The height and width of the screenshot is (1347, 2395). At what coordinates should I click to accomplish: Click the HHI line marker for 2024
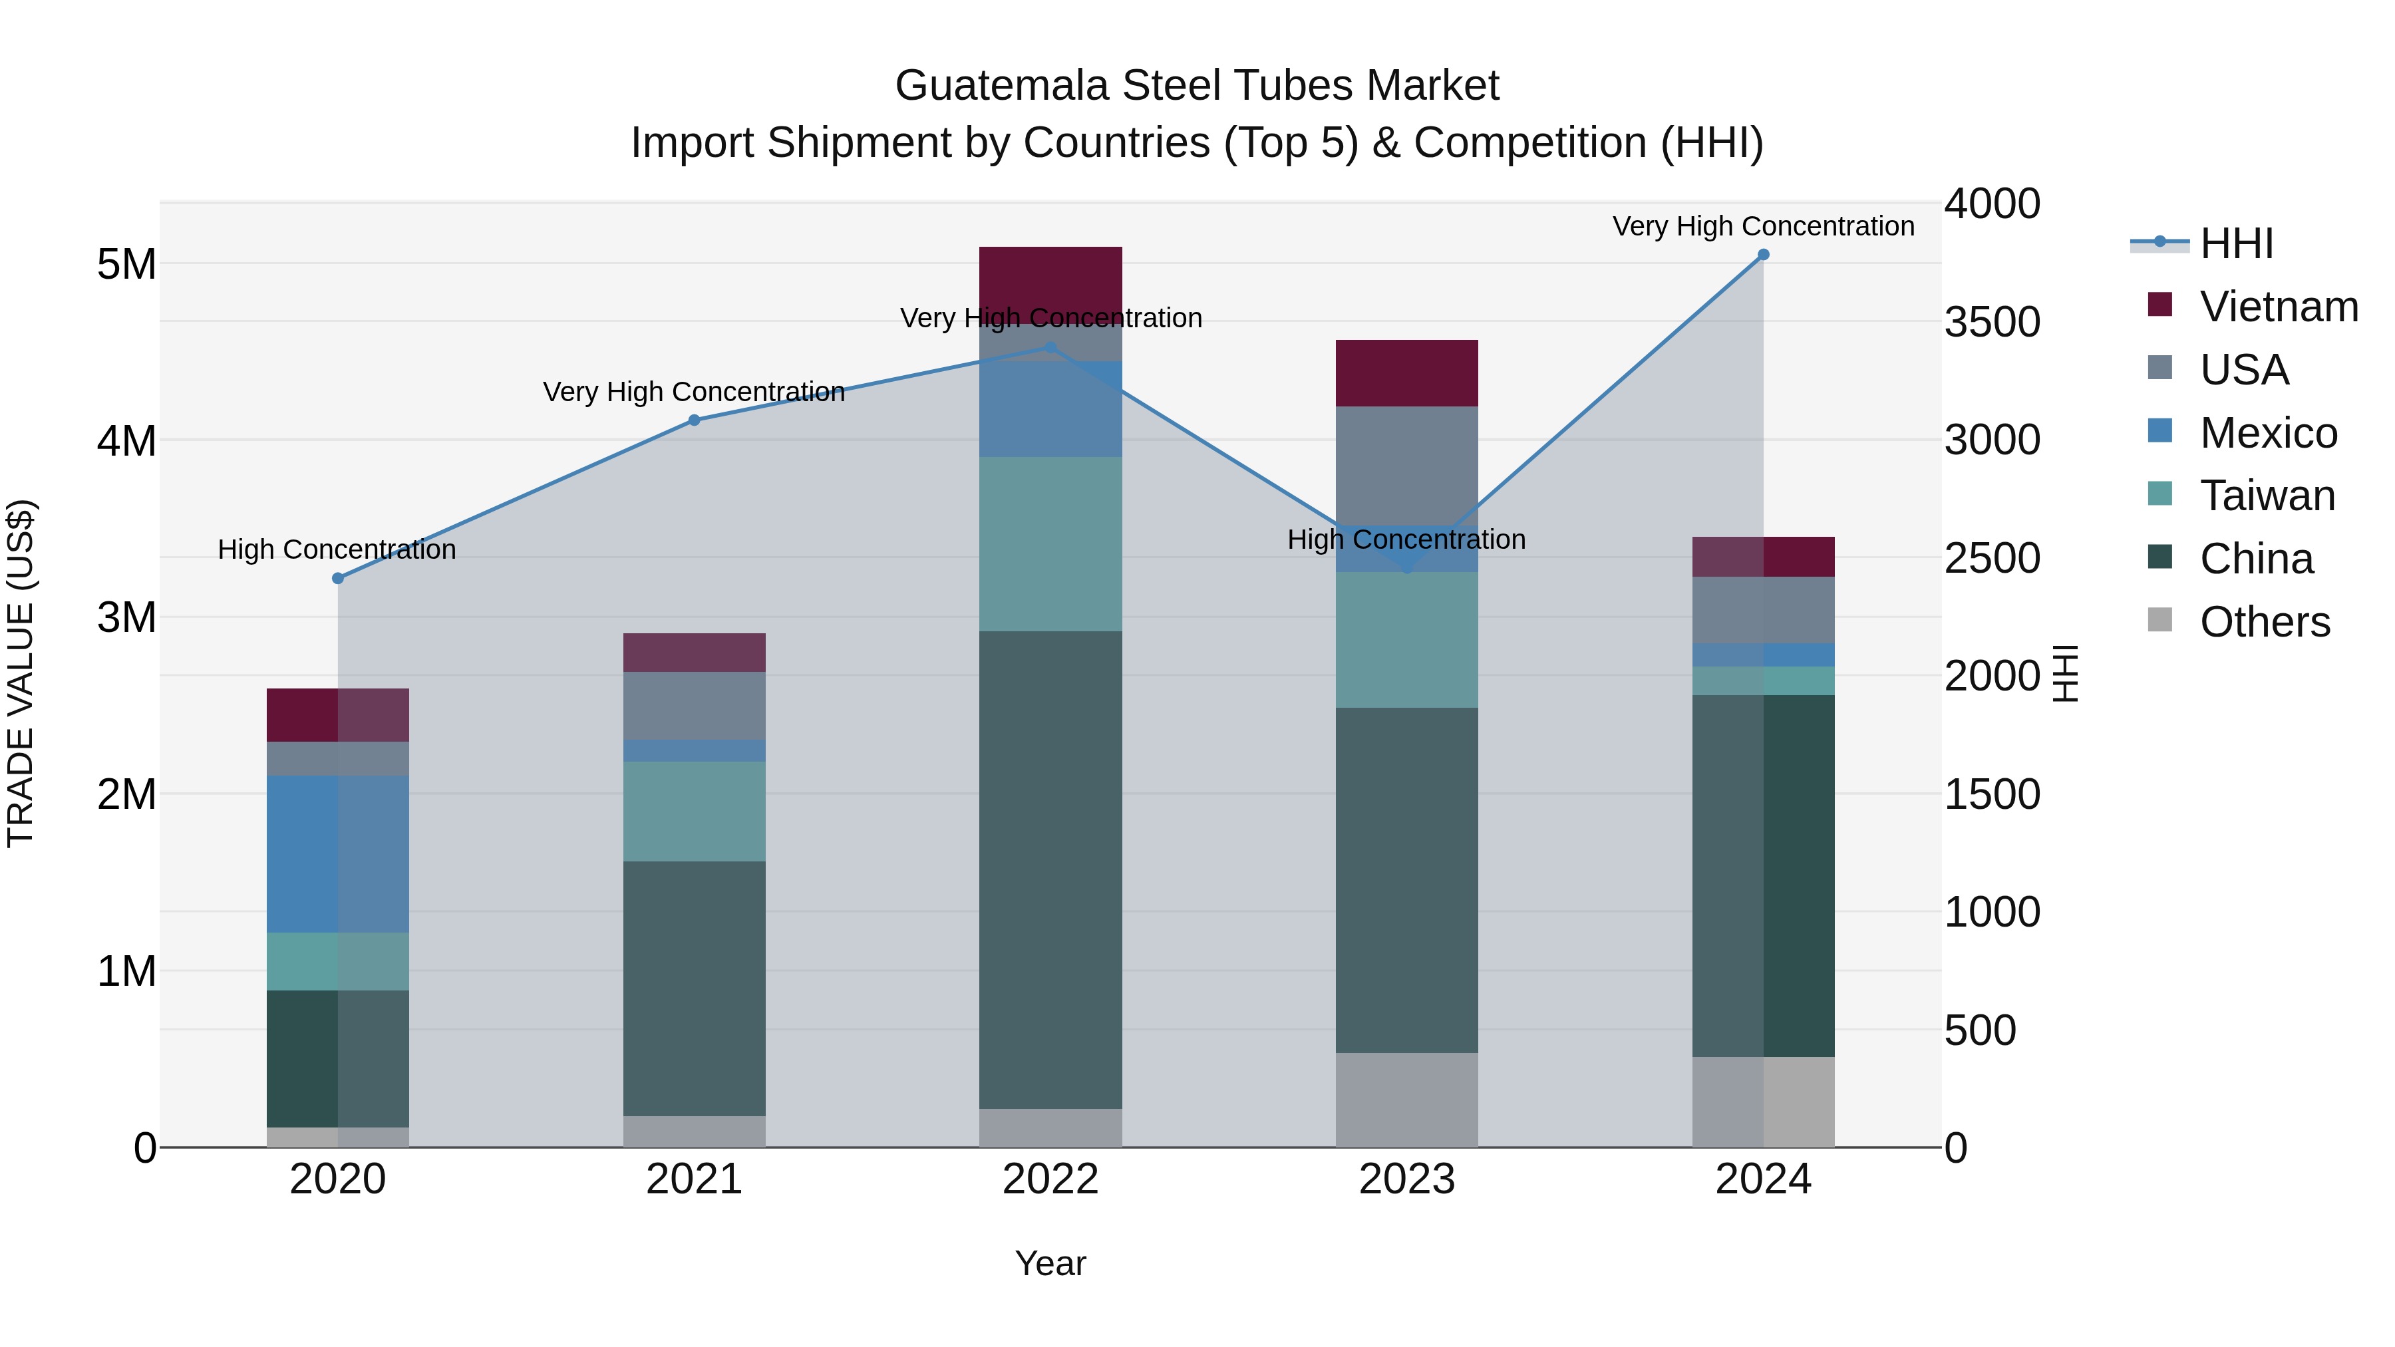[x=1763, y=255]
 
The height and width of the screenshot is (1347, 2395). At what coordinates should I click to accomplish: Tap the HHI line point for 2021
[x=694, y=420]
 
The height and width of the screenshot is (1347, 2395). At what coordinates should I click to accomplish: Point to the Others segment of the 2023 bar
[x=1406, y=1099]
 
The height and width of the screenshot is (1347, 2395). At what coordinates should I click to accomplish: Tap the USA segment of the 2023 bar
[x=1406, y=465]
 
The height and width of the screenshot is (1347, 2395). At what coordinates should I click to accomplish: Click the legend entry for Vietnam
[x=2278, y=307]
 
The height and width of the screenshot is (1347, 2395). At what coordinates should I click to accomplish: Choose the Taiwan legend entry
[x=2267, y=496]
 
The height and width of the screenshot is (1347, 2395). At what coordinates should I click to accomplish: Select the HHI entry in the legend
[x=2236, y=243]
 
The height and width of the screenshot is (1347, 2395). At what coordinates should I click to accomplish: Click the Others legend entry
[x=2264, y=622]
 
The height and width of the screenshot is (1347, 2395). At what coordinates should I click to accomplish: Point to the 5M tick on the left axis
[x=126, y=265]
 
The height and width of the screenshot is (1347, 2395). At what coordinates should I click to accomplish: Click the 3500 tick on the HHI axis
[x=1991, y=323]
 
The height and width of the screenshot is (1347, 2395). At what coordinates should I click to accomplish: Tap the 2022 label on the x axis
[x=1050, y=1179]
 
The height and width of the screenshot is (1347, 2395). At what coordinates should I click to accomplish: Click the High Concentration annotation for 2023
[x=1406, y=539]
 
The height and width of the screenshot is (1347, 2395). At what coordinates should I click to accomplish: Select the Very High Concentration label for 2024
[x=1763, y=226]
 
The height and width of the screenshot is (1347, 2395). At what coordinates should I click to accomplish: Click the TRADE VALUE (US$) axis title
[x=21, y=673]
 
